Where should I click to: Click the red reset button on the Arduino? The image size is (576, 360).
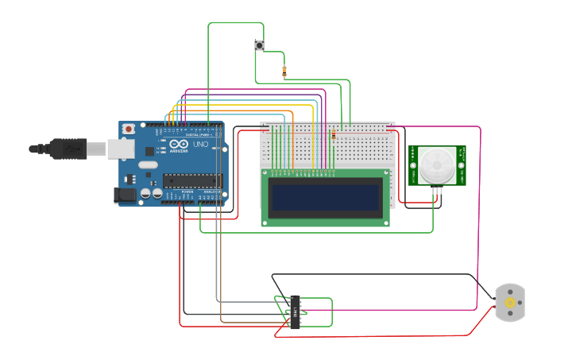128,129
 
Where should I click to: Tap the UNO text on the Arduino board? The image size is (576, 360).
200,145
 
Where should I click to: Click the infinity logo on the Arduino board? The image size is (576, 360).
178,144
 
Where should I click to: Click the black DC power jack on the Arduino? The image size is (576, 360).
125,195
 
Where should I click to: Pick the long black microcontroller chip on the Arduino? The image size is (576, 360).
191,181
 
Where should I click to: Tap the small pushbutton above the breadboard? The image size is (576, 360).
259,45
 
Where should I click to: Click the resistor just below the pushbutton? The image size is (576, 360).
284,71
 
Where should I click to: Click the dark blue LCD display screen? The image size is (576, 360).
326,197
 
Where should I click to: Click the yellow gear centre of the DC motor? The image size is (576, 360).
509,302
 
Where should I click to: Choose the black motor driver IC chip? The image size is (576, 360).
296,311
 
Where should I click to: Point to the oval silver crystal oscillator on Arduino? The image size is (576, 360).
148,165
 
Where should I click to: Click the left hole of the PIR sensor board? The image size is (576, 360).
413,165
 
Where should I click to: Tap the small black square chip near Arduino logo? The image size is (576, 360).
161,147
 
